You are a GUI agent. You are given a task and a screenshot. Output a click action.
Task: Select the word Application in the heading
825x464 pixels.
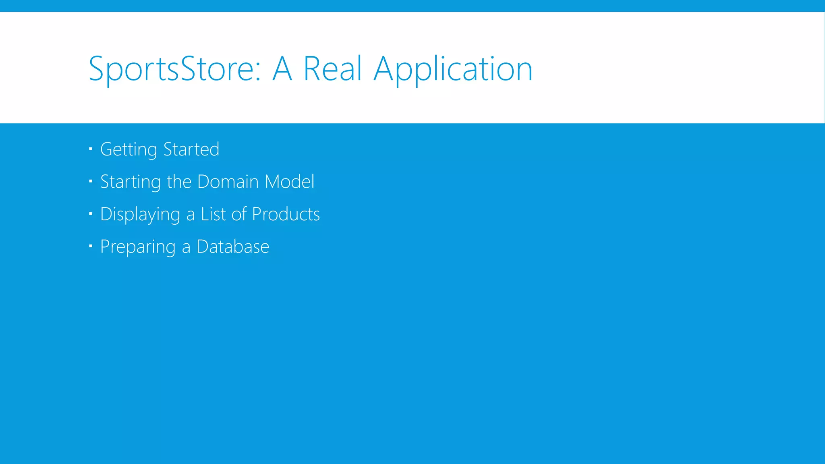click(x=453, y=69)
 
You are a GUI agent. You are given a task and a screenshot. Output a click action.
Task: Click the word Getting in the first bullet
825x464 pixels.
click(x=129, y=149)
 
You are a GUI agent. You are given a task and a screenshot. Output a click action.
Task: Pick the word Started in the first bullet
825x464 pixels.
click(x=191, y=149)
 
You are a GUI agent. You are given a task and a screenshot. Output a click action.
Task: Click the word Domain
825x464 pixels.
click(x=228, y=182)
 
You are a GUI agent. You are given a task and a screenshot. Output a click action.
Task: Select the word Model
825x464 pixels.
click(x=290, y=182)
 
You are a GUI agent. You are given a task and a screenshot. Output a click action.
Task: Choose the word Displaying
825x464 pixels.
click(x=140, y=214)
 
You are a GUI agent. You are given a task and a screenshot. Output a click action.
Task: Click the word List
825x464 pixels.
click(x=213, y=214)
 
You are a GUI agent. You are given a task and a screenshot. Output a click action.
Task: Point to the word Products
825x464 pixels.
click(x=286, y=214)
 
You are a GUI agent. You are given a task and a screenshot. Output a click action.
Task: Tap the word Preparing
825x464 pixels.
click(x=138, y=247)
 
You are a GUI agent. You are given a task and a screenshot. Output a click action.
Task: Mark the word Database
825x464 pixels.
click(x=233, y=246)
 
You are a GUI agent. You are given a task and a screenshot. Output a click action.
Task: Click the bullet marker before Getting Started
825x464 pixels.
click(x=91, y=149)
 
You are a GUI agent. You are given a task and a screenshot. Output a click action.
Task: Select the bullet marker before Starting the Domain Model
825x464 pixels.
click(x=91, y=182)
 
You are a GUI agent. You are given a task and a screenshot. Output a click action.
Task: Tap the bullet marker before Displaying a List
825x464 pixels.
click(x=91, y=214)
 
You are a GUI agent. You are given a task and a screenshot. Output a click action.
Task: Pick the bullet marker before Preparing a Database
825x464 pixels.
click(x=91, y=246)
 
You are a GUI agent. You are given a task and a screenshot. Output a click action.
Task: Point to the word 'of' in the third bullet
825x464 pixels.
click(x=239, y=214)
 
